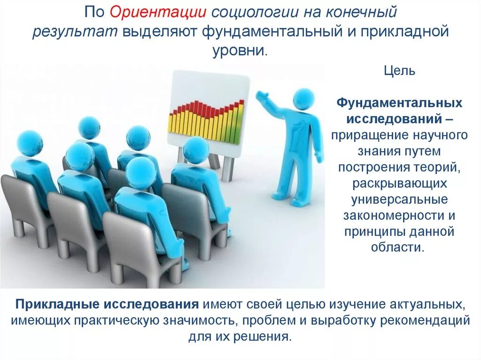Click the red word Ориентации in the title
(x=157, y=12)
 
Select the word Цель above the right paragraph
(x=399, y=71)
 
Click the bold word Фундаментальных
(x=399, y=103)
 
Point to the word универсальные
(x=399, y=199)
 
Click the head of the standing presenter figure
(x=303, y=99)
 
